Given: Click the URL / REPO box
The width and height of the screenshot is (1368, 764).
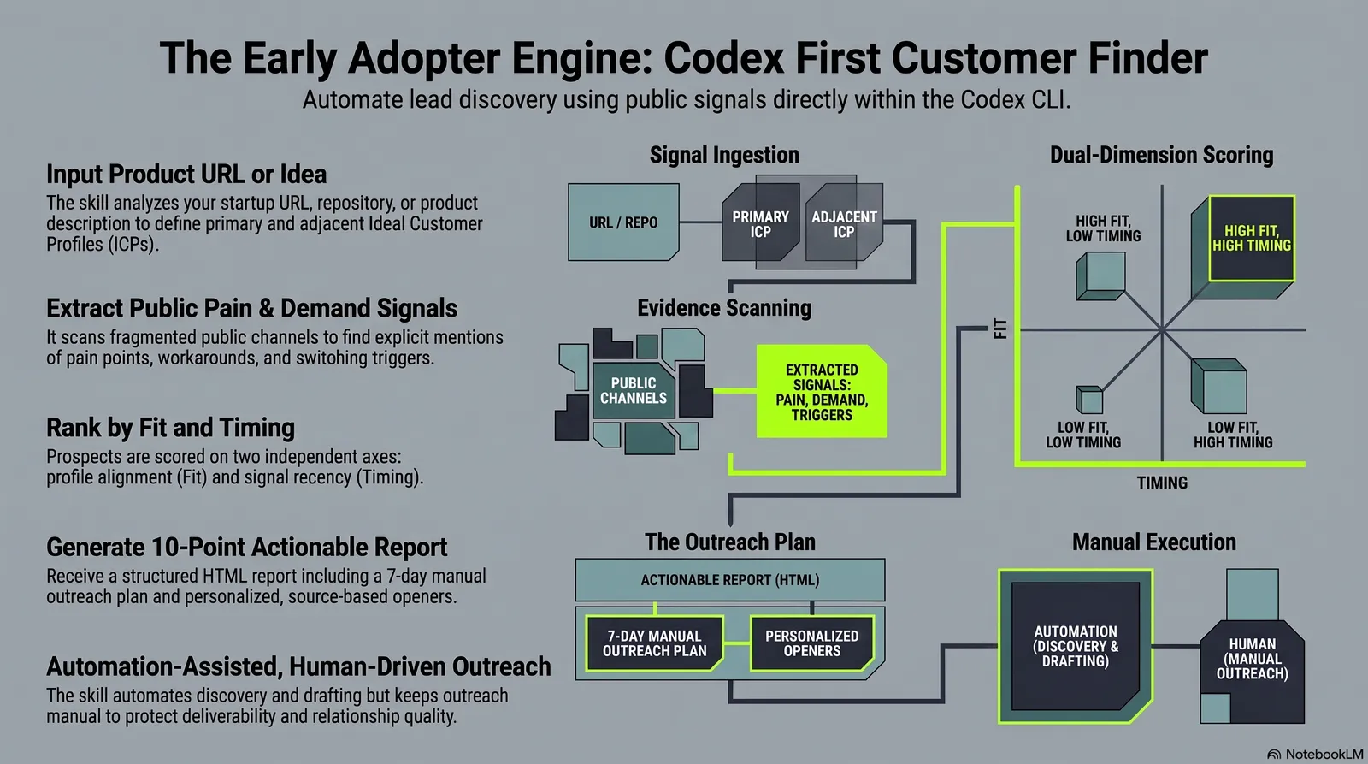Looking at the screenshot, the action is coord(623,222).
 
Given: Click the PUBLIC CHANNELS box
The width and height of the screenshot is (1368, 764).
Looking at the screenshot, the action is coord(634,391).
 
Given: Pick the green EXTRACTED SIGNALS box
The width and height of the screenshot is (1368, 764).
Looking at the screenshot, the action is coord(822,391).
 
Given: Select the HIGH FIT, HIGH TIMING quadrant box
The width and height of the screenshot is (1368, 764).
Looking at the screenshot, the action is coord(1252,238).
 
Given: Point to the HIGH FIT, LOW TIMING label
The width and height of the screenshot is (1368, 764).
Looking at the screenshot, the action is coord(1103,228).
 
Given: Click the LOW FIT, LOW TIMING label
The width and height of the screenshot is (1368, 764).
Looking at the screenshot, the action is coord(1082,435).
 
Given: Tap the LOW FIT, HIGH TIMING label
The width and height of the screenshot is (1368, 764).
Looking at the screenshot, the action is coord(1233,435).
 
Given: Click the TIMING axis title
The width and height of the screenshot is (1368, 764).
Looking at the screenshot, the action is coord(1162,483).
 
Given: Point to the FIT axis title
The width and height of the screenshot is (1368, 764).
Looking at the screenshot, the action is coord(999,329).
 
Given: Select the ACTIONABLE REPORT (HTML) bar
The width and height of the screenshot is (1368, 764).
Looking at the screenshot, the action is coord(730,579).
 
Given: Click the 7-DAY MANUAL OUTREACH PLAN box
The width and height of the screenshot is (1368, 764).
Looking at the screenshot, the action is coord(655,643).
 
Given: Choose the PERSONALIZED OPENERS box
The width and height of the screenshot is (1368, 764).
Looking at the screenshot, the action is coord(811,643).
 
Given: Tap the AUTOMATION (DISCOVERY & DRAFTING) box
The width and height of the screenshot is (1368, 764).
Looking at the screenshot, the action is coord(1076,646).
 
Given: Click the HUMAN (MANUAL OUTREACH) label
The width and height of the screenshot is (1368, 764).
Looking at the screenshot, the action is coord(1252,658).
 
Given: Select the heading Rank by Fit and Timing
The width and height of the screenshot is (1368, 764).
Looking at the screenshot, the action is coord(170,428).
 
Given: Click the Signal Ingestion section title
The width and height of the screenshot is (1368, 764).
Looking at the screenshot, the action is coord(724,155).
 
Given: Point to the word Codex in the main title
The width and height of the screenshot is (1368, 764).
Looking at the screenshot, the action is coord(723,58).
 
